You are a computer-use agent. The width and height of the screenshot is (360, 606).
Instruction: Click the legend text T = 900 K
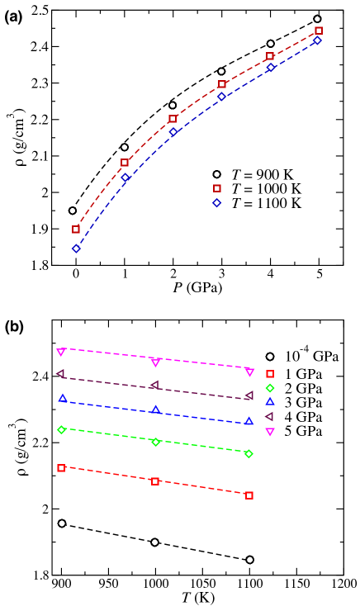pos(262,175)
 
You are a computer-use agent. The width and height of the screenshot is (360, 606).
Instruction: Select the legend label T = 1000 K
pos(266,189)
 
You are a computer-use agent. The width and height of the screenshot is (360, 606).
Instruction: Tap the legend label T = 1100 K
pos(266,203)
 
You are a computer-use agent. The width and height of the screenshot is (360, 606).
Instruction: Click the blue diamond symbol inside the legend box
pos(217,203)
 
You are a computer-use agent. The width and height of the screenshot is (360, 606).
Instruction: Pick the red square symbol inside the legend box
pos(217,189)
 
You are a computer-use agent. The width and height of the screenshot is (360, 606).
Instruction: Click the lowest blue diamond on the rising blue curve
pos(76,249)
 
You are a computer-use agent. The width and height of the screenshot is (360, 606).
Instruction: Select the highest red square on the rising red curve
pos(319,31)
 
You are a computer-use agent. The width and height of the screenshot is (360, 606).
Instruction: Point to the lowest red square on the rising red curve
pos(76,230)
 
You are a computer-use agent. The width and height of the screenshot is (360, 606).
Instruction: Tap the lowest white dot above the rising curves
pos(73,211)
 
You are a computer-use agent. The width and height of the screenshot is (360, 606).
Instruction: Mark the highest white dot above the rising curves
pos(317,19)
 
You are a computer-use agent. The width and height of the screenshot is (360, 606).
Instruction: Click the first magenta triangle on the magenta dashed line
pos(60,352)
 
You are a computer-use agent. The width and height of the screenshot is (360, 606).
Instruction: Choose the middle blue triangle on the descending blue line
pos(155,410)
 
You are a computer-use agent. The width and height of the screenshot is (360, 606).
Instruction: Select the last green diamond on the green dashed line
pos(249,454)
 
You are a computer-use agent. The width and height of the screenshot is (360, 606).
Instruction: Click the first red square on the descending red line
pos(61,468)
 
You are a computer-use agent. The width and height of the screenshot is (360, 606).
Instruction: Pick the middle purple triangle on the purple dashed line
pos(154,385)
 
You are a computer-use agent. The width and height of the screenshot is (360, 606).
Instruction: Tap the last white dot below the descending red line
pos(249,560)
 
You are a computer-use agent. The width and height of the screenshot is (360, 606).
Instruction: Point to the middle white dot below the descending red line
pos(154,542)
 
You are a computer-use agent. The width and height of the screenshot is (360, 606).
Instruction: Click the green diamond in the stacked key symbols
pos(270,388)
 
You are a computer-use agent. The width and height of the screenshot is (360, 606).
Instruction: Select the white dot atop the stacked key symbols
pos(270,357)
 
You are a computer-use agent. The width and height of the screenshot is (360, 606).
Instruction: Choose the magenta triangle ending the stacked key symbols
pos(270,432)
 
